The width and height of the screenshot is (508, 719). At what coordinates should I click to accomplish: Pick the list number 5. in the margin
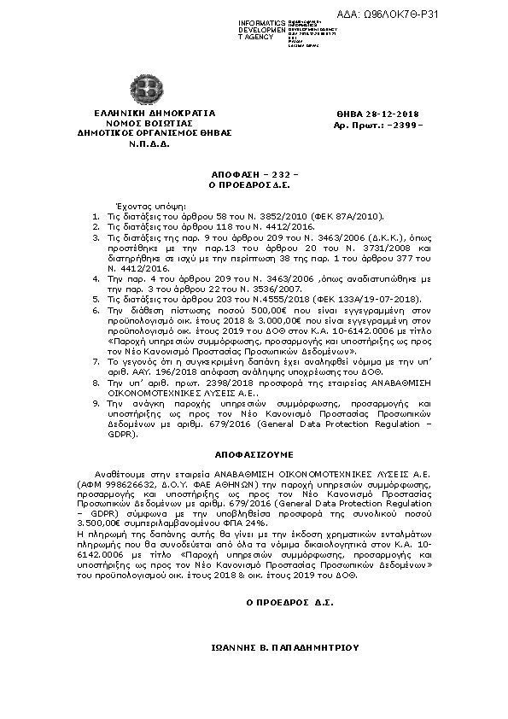96,276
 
